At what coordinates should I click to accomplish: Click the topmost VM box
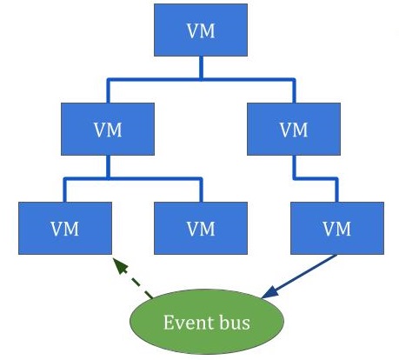(201, 30)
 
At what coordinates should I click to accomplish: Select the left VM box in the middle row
(108, 129)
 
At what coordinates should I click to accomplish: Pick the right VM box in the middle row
(294, 129)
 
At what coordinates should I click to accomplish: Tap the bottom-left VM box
(65, 228)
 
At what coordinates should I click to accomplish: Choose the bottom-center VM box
(201, 228)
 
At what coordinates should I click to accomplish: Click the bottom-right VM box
(337, 228)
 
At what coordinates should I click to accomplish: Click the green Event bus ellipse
(207, 322)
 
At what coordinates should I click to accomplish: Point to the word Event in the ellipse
(184, 323)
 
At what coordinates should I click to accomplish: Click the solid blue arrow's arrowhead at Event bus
(269, 292)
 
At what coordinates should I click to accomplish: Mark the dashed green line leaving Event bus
(136, 282)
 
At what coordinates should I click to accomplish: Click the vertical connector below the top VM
(201, 68)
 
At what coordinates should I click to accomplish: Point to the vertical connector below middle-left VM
(108, 167)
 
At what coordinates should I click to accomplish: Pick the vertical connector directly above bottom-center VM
(201, 190)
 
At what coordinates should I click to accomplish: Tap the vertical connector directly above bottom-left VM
(64, 190)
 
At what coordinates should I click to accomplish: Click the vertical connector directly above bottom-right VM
(336, 190)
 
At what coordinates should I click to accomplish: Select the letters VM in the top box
(201, 31)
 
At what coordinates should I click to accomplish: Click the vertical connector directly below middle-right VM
(294, 167)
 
